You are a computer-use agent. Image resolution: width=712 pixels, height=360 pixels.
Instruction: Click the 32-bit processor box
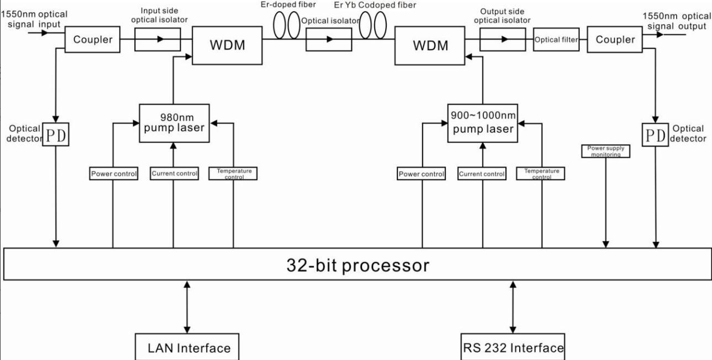[357, 264]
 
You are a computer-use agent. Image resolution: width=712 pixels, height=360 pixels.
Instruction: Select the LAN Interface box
[187, 347]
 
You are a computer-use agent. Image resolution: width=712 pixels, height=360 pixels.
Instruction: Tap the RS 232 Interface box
[513, 347]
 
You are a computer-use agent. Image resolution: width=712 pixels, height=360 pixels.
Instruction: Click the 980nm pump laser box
[174, 123]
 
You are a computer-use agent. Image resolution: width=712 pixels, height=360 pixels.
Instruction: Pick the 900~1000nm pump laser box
[483, 123]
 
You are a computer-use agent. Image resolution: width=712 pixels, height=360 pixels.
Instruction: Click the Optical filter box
[556, 40]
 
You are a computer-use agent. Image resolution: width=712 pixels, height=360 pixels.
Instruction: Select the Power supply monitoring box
[606, 151]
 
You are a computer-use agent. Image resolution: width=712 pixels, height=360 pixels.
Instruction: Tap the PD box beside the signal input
[56, 135]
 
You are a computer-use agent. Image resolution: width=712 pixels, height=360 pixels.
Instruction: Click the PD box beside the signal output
[655, 135]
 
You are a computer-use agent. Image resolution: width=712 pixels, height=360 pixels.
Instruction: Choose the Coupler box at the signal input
[93, 40]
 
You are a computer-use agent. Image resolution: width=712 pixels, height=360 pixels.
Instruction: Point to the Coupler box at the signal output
[615, 40]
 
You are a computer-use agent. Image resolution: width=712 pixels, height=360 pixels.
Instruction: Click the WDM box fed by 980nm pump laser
[227, 45]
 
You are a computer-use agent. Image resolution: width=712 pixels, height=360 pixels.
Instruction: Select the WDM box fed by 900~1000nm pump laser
[430, 46]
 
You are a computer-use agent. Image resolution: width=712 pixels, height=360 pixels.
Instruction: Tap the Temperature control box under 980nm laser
[233, 174]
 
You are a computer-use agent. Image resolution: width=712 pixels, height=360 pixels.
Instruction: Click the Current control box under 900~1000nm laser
[482, 174]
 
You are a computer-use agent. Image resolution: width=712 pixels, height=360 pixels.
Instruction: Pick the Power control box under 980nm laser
[114, 174]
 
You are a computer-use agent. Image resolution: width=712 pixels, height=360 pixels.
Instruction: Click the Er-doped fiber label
[288, 5]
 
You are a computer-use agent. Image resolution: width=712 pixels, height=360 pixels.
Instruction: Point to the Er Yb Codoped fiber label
[375, 5]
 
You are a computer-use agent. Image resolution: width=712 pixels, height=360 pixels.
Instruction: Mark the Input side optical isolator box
[158, 40]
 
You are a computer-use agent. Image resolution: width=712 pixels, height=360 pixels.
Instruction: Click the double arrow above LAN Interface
[187, 307]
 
